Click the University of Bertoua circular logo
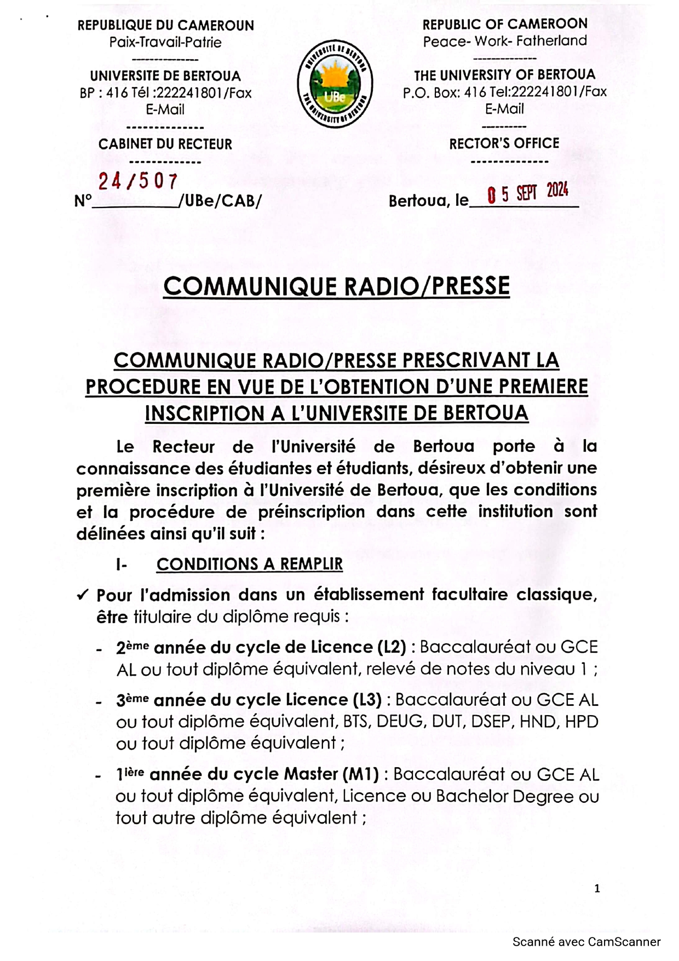tap(335, 84)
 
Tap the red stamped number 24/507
tap(138, 181)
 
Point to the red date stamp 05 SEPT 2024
tap(527, 193)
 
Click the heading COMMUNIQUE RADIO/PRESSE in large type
tap(336, 286)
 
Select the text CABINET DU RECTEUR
tap(165, 144)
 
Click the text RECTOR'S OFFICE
tap(504, 143)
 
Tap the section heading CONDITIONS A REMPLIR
tap(250, 564)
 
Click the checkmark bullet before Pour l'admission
tap(83, 595)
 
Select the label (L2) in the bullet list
tap(392, 647)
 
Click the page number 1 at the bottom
tap(597, 888)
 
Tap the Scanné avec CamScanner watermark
tap(586, 942)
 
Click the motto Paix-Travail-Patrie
tap(165, 42)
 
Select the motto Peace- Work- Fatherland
tap(505, 41)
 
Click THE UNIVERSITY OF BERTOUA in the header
tap(504, 74)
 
